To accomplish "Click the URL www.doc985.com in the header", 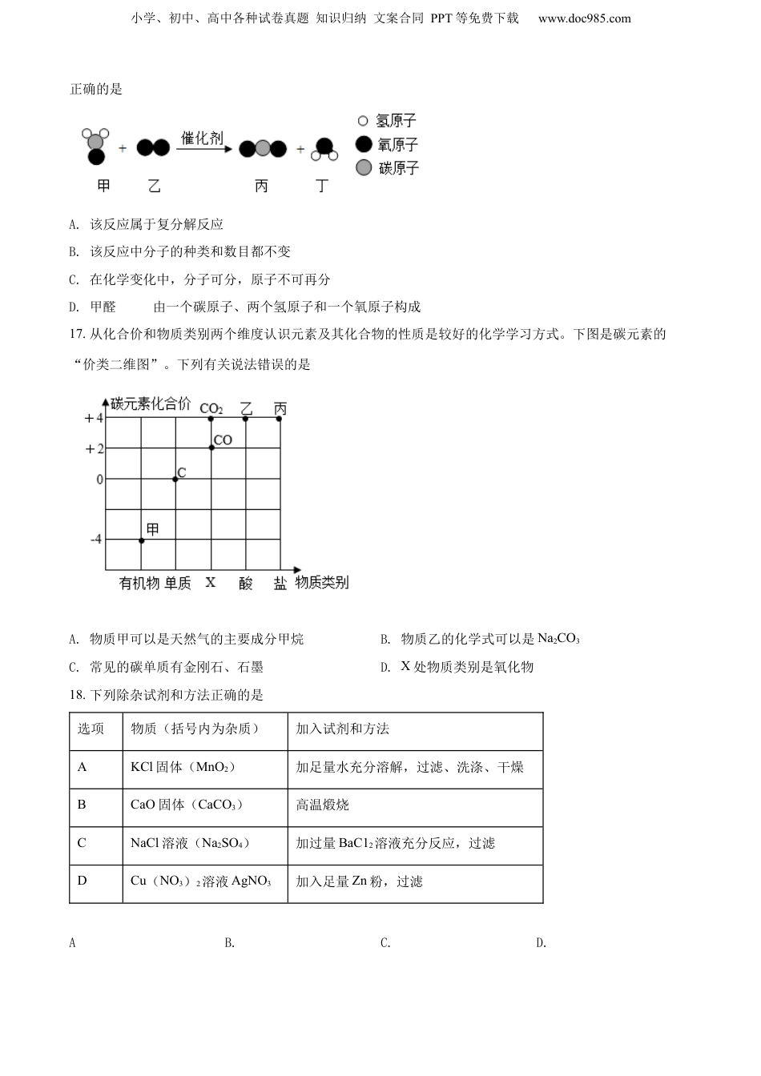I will pyautogui.click(x=584, y=18).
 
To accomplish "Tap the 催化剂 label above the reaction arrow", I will pyautogui.click(x=202, y=138).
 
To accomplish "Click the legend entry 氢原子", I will pyautogui.click(x=396, y=121).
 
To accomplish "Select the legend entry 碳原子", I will pyautogui.click(x=398, y=168).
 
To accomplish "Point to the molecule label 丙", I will pyautogui.click(x=261, y=187).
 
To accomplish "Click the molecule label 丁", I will pyautogui.click(x=322, y=187).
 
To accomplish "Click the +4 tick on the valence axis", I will pyautogui.click(x=94, y=419).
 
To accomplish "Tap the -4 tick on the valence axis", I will pyautogui.click(x=96, y=540).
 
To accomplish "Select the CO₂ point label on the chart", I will pyautogui.click(x=211, y=408).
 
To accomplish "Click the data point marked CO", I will pyautogui.click(x=211, y=448).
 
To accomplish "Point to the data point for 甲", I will pyautogui.click(x=142, y=540).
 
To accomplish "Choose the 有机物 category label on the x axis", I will pyautogui.click(x=139, y=584).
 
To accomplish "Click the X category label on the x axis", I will pyautogui.click(x=211, y=583).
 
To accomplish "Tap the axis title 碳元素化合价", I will pyautogui.click(x=151, y=404).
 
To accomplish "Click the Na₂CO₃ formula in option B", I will pyautogui.click(x=558, y=639).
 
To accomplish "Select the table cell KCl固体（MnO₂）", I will pyautogui.click(x=183, y=767).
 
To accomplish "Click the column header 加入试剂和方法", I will pyautogui.click(x=343, y=729).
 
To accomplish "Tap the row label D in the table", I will pyautogui.click(x=82, y=881).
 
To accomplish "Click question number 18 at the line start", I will pyautogui.click(x=77, y=695).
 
